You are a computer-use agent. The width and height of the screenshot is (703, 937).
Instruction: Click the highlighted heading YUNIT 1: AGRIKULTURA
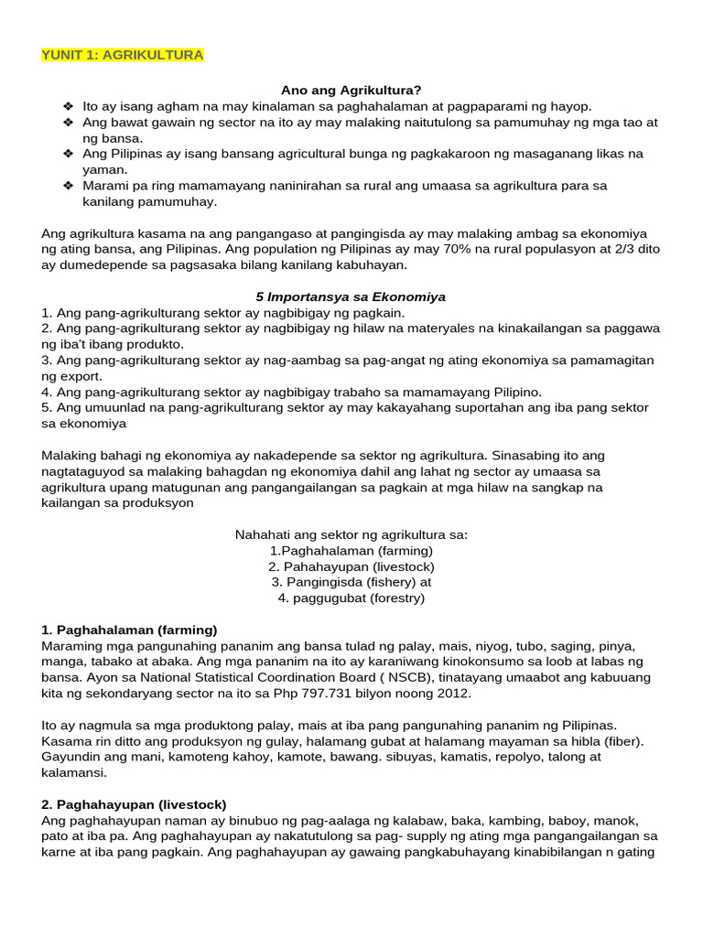123,55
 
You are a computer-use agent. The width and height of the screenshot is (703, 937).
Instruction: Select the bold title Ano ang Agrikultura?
351,90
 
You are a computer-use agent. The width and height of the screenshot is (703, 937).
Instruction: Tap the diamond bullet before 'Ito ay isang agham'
68,106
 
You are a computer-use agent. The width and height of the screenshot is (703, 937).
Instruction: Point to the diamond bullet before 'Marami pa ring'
68,185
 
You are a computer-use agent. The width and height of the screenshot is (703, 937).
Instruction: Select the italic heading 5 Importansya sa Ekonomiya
351,296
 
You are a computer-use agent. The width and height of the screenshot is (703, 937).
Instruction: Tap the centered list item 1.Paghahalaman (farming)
351,551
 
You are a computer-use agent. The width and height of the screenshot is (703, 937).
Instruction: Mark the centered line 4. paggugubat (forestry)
351,598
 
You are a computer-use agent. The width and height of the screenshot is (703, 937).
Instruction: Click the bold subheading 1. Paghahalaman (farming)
129,630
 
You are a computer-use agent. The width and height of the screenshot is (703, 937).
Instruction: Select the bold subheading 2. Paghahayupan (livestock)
134,804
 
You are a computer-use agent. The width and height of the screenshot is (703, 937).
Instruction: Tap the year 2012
453,693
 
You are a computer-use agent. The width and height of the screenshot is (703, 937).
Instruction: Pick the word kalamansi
73,772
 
